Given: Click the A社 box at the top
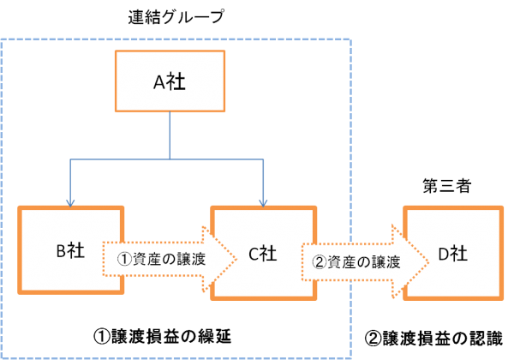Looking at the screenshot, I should [170, 81].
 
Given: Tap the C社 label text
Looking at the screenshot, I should [262, 254].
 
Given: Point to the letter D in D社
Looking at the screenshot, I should [443, 254].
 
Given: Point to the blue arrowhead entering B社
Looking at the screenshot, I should [70, 201].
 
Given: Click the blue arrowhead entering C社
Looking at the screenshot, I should [262, 201].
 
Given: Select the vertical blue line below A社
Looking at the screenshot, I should [170, 135].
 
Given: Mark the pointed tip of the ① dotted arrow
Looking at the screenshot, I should [236, 257].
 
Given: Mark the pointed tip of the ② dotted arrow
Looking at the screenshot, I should [427, 261].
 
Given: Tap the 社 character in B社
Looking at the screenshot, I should [80, 252].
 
